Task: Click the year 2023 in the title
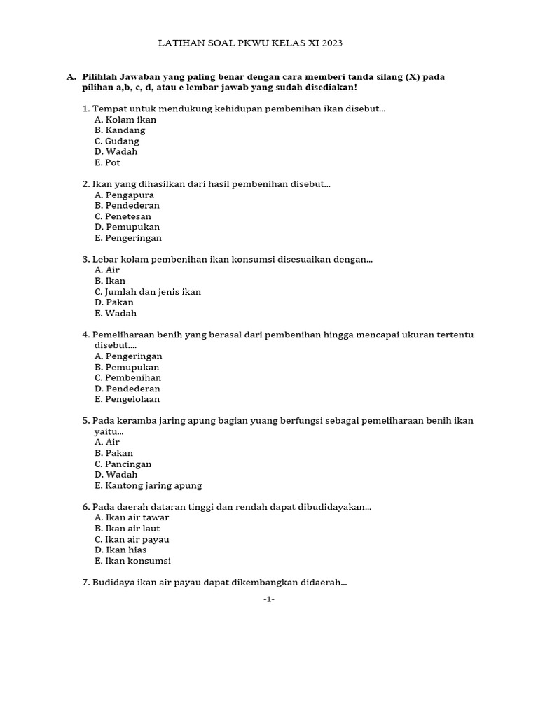point(331,43)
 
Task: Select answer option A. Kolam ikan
point(125,120)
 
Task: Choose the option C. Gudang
point(117,141)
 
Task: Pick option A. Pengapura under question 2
point(124,195)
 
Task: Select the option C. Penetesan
point(123,216)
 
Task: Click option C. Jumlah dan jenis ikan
point(148,292)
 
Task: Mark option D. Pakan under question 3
point(114,302)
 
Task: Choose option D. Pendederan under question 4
point(127,389)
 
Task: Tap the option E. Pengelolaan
point(127,399)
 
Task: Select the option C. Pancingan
point(123,464)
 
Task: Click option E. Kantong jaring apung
point(148,485)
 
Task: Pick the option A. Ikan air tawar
point(132,517)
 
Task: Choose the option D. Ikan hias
point(120,550)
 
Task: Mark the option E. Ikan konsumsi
point(132,561)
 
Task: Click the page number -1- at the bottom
point(269,599)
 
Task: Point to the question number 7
point(85,583)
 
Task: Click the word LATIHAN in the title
point(179,43)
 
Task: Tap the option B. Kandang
point(120,130)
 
